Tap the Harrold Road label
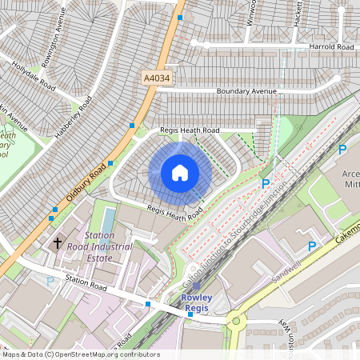[x=330, y=47]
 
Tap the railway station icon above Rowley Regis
[x=196, y=286]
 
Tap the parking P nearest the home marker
[x=266, y=183]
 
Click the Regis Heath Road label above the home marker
[x=189, y=130]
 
